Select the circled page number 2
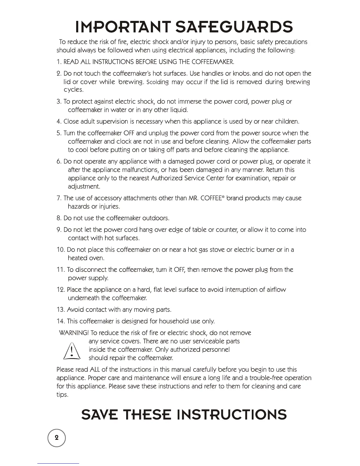(57, 438)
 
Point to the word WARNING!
(74, 333)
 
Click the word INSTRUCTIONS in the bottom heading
(234, 414)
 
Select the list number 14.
(60, 321)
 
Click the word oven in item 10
(96, 258)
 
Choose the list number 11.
(60, 270)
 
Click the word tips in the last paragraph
(62, 395)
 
